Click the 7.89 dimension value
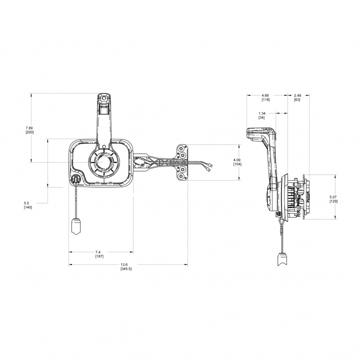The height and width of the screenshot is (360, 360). (x=29, y=127)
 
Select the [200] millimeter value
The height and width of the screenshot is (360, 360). (x=29, y=132)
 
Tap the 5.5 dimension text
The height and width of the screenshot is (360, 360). (x=26, y=203)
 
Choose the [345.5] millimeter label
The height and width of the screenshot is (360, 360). (x=126, y=269)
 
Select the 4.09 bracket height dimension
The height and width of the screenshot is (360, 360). (x=237, y=159)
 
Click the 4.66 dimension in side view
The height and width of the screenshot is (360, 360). (x=265, y=95)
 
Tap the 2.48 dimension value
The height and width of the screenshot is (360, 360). (x=297, y=95)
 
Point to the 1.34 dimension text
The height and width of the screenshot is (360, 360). (x=261, y=113)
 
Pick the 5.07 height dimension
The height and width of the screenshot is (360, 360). (x=333, y=197)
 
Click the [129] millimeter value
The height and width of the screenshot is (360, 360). (x=333, y=201)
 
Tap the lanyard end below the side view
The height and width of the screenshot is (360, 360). (x=282, y=259)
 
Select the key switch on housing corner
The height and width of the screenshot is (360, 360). (x=75, y=179)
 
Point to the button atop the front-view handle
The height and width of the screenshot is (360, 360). (x=104, y=98)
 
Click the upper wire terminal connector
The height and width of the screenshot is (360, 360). (x=210, y=165)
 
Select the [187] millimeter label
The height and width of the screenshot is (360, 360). (x=99, y=256)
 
